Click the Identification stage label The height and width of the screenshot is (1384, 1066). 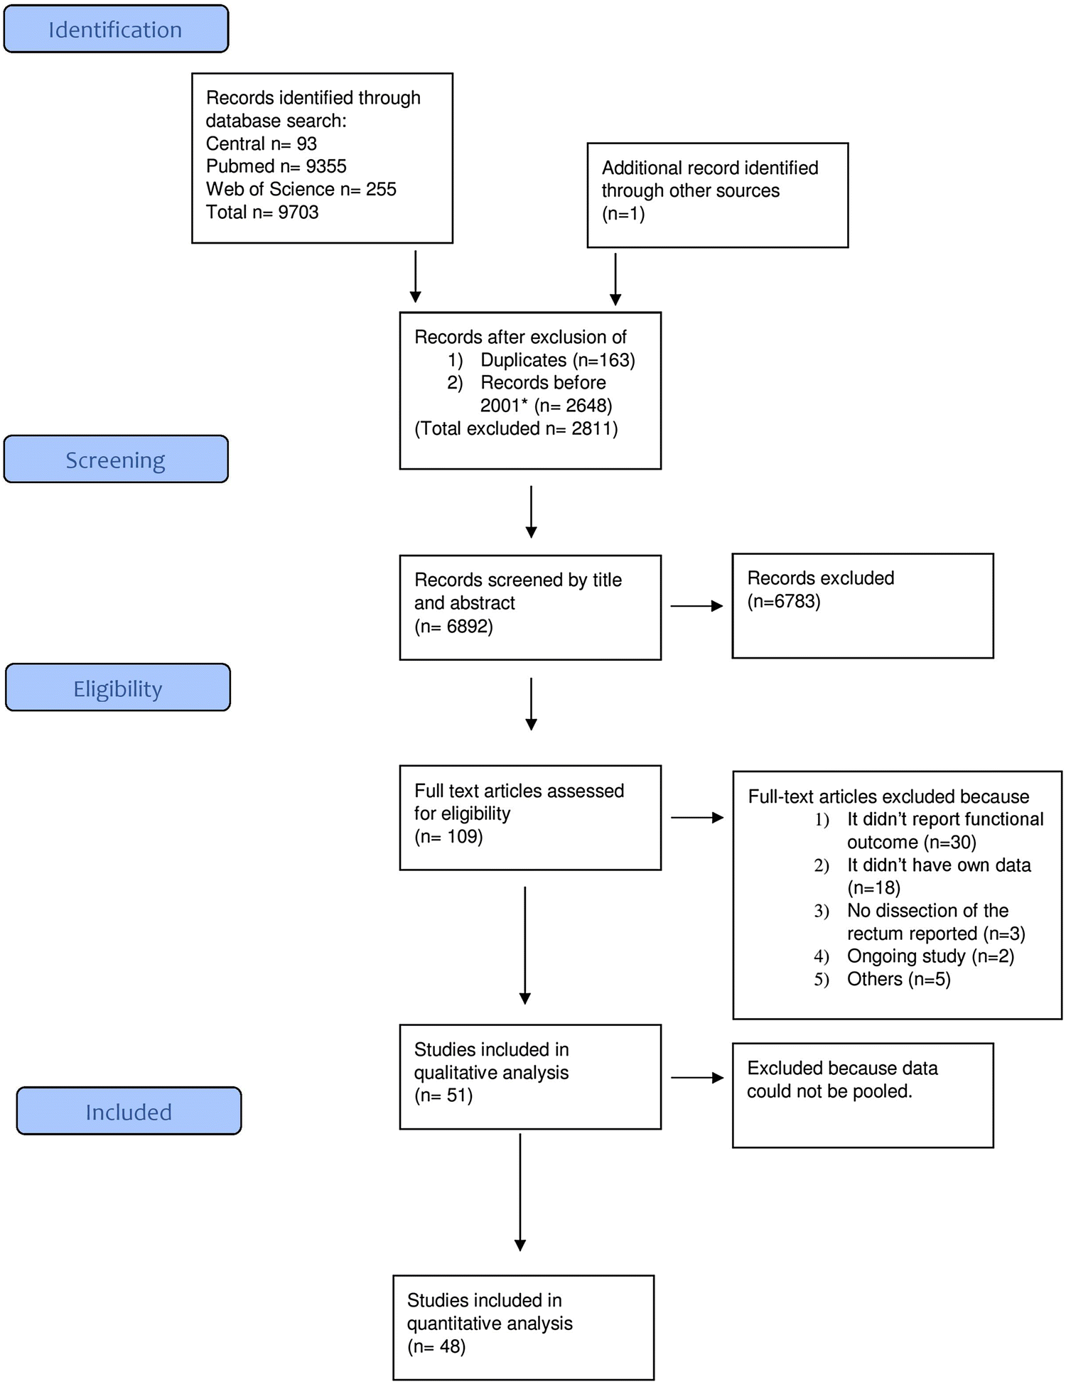[x=116, y=30]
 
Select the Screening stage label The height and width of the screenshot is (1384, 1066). [x=116, y=460]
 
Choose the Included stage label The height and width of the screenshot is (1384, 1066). [x=129, y=1111]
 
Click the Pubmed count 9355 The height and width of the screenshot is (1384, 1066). [x=326, y=166]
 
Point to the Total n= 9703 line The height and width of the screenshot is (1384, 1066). [x=262, y=212]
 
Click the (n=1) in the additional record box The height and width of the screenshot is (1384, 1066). [x=623, y=214]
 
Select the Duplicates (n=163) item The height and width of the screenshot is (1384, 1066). [x=558, y=360]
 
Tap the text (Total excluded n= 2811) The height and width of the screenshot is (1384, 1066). [x=516, y=428]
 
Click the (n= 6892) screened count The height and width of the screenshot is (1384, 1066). [x=453, y=626]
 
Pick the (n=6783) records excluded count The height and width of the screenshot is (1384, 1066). [x=784, y=601]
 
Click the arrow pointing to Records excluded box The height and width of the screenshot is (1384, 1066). [x=696, y=606]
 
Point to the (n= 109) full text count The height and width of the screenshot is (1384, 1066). [x=448, y=836]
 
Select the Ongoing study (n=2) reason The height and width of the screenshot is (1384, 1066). [x=930, y=956]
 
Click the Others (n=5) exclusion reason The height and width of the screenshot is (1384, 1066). [x=898, y=979]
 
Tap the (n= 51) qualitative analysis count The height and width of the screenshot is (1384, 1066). [x=443, y=1095]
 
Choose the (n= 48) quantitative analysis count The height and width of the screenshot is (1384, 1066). [x=436, y=1346]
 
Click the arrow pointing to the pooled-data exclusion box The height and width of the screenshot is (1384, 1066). [x=697, y=1078]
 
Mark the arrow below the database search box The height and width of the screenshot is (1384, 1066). [x=416, y=276]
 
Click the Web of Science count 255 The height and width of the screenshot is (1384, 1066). [x=381, y=189]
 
